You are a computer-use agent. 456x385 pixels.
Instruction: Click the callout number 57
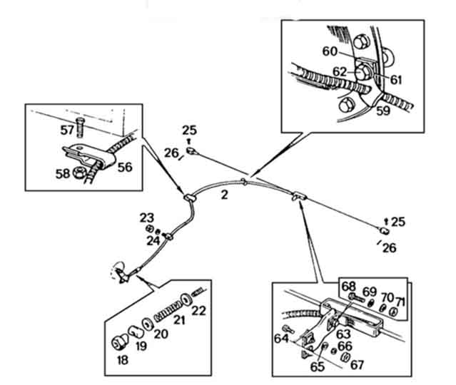67,130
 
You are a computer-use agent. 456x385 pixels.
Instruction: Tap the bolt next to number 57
80,128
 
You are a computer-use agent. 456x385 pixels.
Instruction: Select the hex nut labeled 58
78,173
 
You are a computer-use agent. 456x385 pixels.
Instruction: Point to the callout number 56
125,167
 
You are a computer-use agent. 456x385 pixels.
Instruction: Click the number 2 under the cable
224,195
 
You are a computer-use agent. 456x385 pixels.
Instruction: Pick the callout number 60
330,51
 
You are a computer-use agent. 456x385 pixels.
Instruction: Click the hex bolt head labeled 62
361,72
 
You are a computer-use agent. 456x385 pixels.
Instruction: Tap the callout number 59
383,111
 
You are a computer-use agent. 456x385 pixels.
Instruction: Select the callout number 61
396,80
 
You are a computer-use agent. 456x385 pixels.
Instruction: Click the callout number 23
147,218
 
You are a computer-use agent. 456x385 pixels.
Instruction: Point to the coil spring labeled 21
167,312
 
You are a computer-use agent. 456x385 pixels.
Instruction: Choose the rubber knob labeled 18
119,342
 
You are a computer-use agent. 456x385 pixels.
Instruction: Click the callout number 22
199,311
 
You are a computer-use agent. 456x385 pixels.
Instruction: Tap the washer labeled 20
147,324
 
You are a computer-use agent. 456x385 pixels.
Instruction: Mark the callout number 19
141,346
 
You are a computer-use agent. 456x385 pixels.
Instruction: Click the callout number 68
349,287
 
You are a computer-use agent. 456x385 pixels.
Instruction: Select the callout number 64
281,339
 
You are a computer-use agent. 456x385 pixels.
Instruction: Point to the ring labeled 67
345,357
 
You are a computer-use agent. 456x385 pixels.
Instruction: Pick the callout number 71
401,302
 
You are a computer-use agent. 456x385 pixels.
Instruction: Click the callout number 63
343,334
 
